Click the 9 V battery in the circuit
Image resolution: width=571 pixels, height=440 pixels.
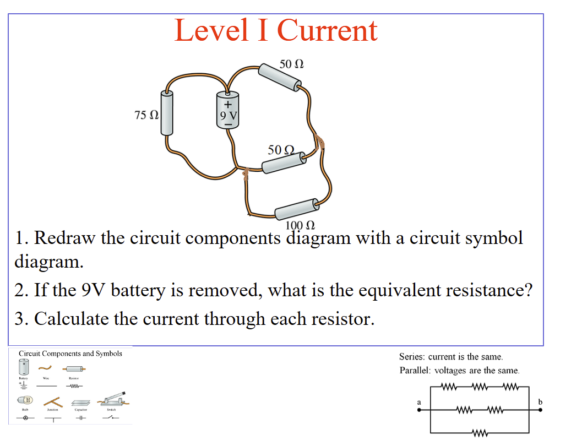click(228, 110)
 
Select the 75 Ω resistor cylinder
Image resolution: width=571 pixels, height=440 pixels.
click(167, 113)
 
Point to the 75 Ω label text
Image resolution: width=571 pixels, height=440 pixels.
click(146, 115)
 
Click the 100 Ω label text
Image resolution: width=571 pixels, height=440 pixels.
click(300, 225)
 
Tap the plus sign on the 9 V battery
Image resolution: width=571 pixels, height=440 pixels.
click(228, 101)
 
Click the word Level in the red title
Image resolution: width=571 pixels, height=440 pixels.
click(211, 31)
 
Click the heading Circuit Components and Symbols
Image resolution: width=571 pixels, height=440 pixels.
click(70, 354)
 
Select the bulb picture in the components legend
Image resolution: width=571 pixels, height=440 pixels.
click(25, 399)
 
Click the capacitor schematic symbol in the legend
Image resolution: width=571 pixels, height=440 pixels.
click(80, 418)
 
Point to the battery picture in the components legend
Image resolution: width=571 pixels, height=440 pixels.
click(24, 367)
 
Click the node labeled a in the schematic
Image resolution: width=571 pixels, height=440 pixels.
click(420, 410)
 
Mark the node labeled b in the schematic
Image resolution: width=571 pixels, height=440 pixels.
click(540, 410)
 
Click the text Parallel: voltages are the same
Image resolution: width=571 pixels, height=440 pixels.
click(459, 371)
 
